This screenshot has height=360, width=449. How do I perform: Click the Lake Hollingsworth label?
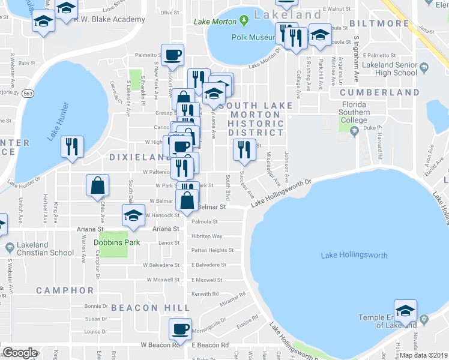pyautogui.click(x=354, y=256)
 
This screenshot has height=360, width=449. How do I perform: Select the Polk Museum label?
pyautogui.click(x=252, y=37)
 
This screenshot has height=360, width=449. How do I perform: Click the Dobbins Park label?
pyautogui.click(x=113, y=243)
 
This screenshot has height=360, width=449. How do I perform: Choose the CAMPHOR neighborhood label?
pyautogui.click(x=65, y=290)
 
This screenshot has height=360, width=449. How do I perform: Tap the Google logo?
pyautogui.click(x=20, y=353)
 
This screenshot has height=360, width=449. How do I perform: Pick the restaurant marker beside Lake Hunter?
pyautogui.click(x=72, y=146)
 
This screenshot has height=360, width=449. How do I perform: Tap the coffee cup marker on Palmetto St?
pyautogui.click(x=173, y=55)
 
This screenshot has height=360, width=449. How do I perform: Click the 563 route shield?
pyautogui.click(x=28, y=94)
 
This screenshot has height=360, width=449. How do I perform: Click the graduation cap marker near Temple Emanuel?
pyautogui.click(x=406, y=311)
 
